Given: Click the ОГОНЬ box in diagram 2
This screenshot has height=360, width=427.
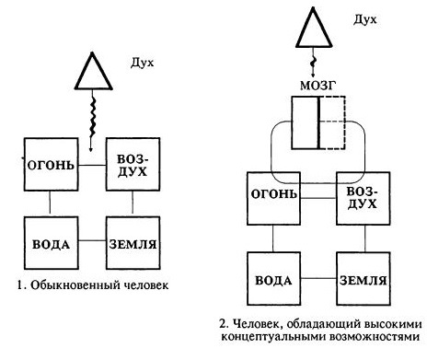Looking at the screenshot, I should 272,196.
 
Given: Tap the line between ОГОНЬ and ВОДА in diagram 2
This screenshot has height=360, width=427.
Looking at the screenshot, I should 272,236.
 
